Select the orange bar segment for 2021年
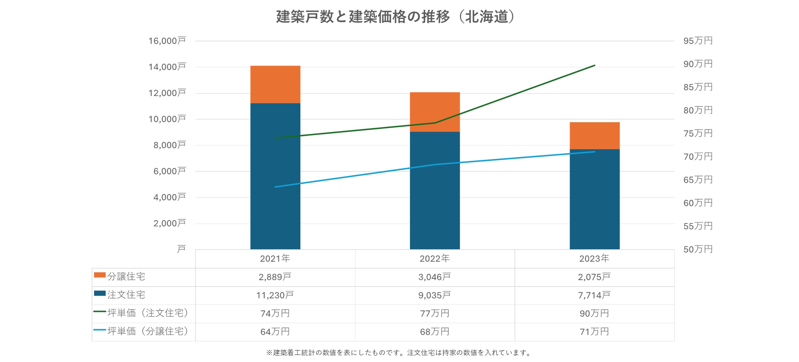point(275,84)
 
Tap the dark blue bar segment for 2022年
point(435,190)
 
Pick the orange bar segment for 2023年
point(594,135)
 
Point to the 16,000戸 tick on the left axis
point(167,41)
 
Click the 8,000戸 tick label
point(169,145)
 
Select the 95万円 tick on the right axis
point(698,41)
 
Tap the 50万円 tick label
point(698,249)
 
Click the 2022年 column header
point(435,259)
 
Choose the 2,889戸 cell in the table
point(275,277)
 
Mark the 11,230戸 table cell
point(275,295)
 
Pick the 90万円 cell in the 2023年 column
point(594,314)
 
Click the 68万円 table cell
point(435,332)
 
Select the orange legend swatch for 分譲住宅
point(100,275)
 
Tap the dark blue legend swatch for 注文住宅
point(100,293)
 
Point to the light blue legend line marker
point(100,330)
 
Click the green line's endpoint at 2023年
point(594,65)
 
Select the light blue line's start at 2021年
point(275,187)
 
